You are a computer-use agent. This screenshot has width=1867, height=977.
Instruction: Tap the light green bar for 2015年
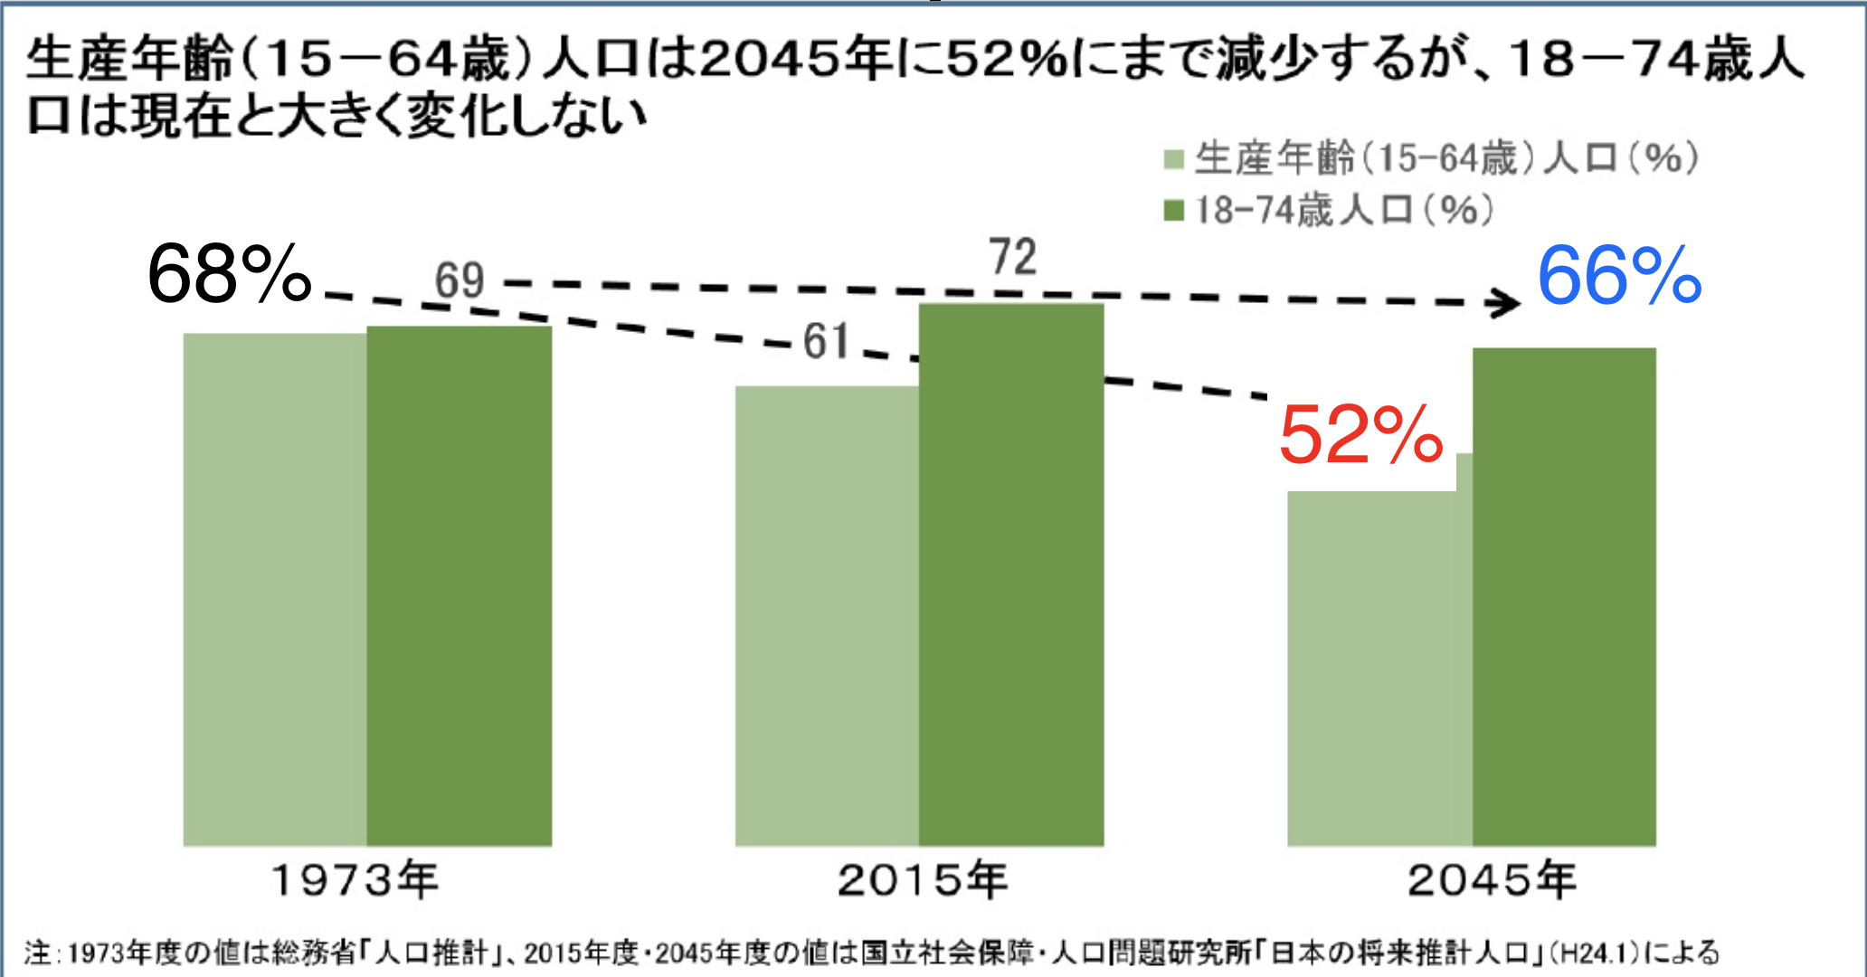pyautogui.click(x=827, y=615)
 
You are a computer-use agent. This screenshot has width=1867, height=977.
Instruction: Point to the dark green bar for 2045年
pyautogui.click(x=1564, y=597)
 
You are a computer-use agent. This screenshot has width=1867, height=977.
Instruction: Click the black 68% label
pyautogui.click(x=229, y=274)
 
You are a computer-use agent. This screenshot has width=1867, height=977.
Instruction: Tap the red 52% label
pyautogui.click(x=1360, y=435)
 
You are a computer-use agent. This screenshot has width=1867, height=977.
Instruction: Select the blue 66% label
pyautogui.click(x=1619, y=276)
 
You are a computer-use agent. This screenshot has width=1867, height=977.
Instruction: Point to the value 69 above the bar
pyautogui.click(x=460, y=280)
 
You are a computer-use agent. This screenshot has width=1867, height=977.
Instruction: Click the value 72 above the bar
pyautogui.click(x=1012, y=257)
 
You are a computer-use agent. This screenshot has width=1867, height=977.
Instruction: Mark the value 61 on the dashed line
pyautogui.click(x=827, y=342)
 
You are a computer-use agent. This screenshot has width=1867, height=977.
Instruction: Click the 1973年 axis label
pyautogui.click(x=355, y=880)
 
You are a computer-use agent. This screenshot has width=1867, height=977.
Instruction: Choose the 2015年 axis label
pyautogui.click(x=922, y=880)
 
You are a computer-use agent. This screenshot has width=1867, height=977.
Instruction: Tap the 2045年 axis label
pyautogui.click(x=1492, y=880)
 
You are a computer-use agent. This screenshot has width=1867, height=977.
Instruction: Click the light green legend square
pyautogui.click(x=1173, y=161)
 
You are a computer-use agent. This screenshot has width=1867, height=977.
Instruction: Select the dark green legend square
pyautogui.click(x=1173, y=211)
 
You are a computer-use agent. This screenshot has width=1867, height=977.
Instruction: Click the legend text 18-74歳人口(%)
pyautogui.click(x=1344, y=211)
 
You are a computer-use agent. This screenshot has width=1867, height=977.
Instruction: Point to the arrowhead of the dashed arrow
pyautogui.click(x=1507, y=303)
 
